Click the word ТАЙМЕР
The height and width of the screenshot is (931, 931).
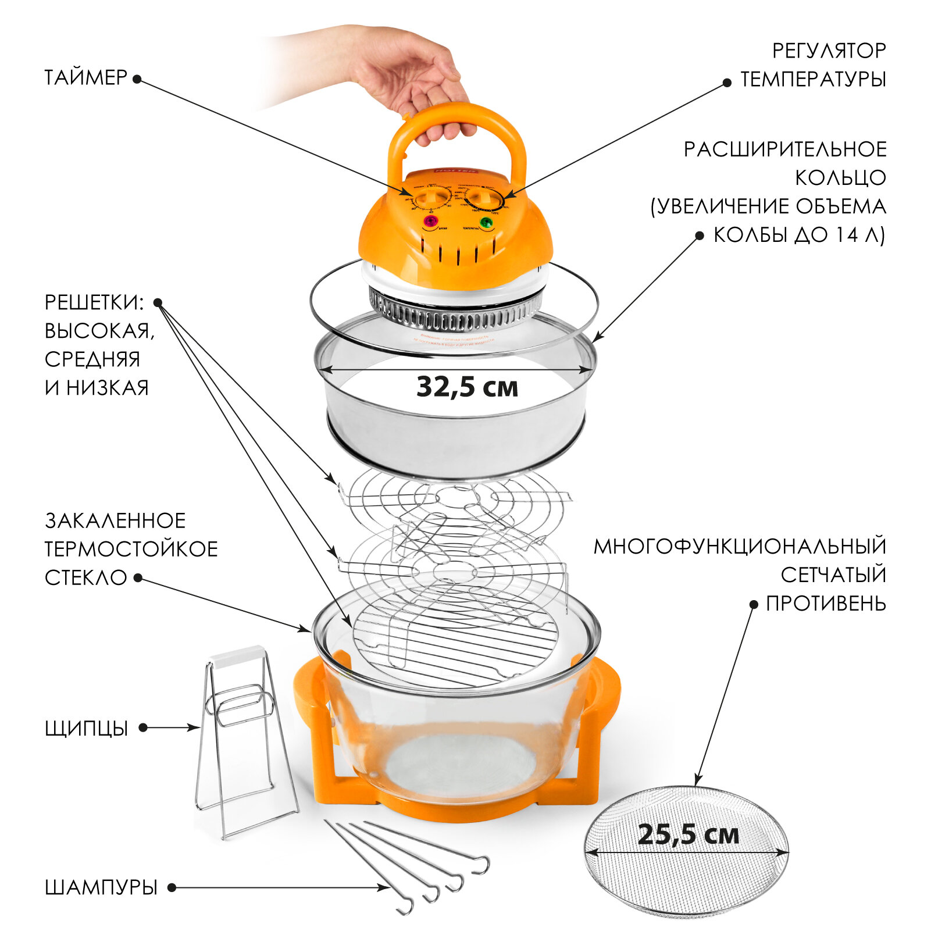(x=85, y=77)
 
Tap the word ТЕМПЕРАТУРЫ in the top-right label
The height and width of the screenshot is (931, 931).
(x=813, y=79)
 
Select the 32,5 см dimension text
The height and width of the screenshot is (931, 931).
(x=467, y=387)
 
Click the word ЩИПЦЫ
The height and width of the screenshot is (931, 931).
(x=86, y=728)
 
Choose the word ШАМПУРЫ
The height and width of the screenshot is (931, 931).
(x=101, y=887)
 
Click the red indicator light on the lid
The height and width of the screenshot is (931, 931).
(x=430, y=222)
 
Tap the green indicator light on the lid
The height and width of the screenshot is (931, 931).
(x=486, y=222)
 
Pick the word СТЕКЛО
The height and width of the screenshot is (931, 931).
(x=85, y=577)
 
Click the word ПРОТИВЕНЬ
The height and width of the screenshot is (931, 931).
(x=826, y=604)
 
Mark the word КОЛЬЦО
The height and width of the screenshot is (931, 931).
(x=840, y=178)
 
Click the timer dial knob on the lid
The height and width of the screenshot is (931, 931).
(x=433, y=198)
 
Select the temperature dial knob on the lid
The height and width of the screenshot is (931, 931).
(x=483, y=199)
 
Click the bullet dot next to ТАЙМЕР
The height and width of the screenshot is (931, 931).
(x=137, y=79)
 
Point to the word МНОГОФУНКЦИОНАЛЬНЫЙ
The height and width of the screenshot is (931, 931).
(x=740, y=547)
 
